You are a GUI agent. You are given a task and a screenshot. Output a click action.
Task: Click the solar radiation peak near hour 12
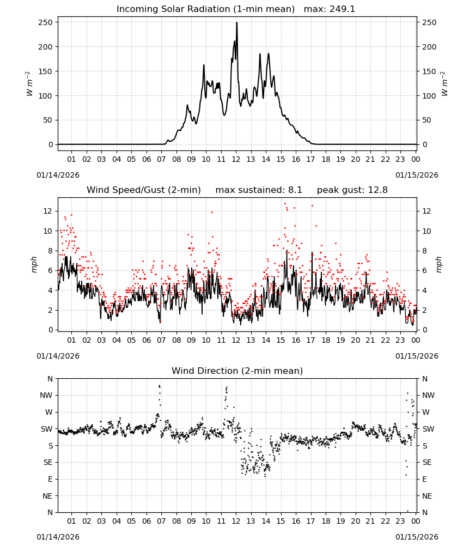(237, 23)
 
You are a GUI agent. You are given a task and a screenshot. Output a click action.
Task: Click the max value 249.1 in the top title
(342, 9)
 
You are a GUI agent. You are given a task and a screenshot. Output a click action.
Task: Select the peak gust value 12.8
(376, 190)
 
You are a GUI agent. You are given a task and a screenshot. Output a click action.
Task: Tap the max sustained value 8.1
(295, 190)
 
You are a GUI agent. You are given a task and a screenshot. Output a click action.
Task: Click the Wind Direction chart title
(237, 371)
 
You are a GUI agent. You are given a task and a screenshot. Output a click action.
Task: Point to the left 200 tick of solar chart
(46, 47)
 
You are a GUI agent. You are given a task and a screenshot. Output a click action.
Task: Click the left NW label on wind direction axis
(46, 396)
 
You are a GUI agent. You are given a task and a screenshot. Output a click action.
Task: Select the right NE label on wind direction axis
(427, 496)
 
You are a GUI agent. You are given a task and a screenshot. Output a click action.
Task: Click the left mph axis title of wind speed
(34, 264)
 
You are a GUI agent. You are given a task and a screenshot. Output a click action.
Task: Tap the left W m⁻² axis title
(29, 84)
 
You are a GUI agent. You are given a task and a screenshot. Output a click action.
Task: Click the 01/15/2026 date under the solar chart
(417, 175)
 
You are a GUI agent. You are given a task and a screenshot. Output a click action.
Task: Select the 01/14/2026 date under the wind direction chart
(58, 537)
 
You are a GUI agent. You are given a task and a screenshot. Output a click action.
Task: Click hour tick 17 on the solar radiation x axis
(310, 159)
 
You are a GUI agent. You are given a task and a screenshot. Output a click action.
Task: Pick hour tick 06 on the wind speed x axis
(147, 340)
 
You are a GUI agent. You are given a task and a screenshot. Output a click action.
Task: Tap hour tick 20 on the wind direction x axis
(355, 521)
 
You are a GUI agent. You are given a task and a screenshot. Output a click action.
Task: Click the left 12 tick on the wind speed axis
(48, 211)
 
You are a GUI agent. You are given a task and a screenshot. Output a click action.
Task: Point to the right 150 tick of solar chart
(429, 71)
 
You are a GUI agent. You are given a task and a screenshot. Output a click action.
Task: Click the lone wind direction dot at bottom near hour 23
(408, 511)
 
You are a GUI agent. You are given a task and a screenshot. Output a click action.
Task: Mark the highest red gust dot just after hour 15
(285, 204)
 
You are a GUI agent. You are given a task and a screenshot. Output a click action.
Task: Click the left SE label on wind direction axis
(48, 462)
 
